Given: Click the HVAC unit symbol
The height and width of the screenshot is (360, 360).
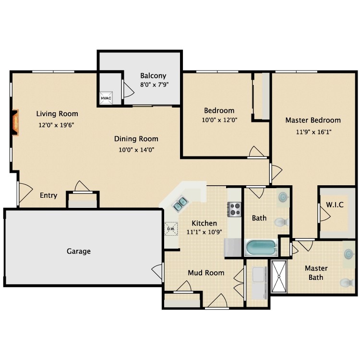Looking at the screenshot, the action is point(106,98).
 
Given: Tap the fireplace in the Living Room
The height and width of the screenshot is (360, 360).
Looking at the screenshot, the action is point(15,122).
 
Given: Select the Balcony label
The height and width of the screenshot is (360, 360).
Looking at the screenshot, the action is point(153,76).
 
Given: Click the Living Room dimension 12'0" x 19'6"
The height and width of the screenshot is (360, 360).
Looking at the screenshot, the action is point(56,125).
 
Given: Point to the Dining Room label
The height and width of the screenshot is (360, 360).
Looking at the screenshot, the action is point(136,139).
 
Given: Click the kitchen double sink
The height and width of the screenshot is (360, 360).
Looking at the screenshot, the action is point(180,204).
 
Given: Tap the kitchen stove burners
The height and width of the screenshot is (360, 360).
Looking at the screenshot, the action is point(234,209).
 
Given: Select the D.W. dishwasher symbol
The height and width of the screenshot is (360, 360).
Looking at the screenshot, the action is point(171,228).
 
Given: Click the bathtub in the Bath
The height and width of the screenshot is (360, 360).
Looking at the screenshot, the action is point(261,248).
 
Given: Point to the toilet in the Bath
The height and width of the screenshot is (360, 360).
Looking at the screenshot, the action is point(281,222).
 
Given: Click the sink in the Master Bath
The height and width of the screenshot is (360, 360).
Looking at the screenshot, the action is point(348,254).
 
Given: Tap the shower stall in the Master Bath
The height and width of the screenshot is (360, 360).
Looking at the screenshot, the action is point(279,276).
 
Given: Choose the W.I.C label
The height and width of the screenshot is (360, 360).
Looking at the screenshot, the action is point(335,204).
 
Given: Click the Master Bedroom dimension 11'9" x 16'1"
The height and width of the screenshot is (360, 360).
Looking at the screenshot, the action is point(313,132).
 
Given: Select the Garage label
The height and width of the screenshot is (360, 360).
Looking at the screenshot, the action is point(79,251).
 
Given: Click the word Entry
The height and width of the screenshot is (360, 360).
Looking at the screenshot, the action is point(48,195).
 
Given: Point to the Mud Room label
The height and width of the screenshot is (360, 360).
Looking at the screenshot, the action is point(206,273).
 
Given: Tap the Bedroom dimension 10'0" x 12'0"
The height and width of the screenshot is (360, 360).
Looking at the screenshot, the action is point(219,120).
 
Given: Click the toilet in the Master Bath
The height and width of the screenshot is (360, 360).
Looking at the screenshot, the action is point(347,282).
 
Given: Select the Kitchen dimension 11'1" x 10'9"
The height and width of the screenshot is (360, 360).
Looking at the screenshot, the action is point(204,232).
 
